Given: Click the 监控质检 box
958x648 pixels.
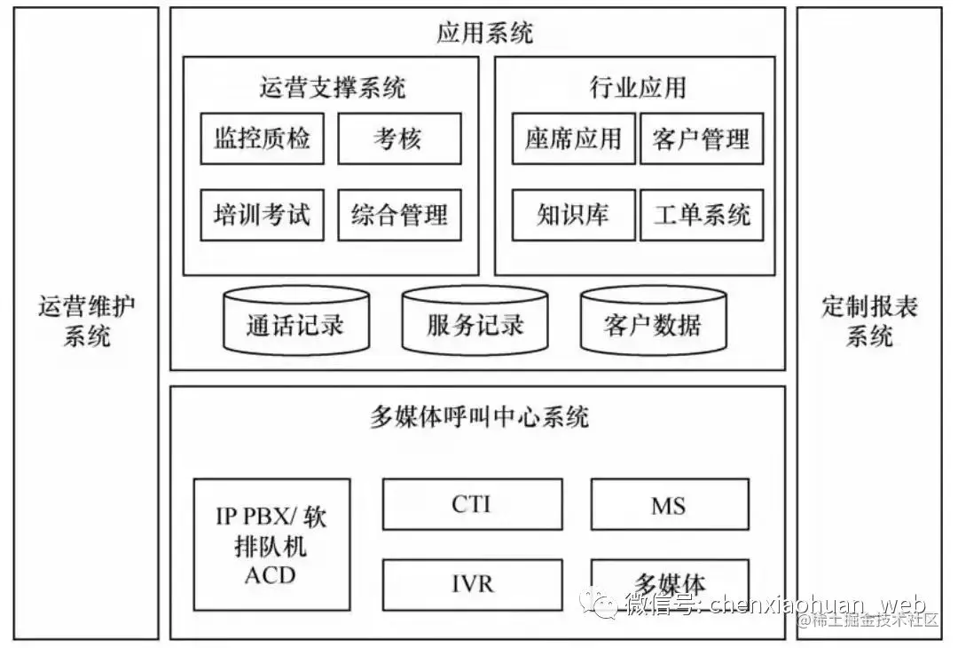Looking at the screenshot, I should (x=262, y=138).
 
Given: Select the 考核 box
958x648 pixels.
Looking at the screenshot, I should (x=399, y=138).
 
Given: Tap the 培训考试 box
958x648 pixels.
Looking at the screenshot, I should (x=262, y=215).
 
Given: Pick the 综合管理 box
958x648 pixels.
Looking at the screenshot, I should (x=399, y=215).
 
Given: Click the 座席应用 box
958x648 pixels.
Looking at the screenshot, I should (x=573, y=138).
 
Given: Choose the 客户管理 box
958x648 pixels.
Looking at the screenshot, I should (x=701, y=138).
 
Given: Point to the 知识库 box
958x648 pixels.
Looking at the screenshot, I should (x=573, y=215).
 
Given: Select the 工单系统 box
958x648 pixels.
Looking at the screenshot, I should (x=701, y=215).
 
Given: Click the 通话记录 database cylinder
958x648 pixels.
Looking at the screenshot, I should (x=295, y=321).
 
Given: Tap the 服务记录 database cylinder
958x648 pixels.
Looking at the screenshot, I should (x=475, y=321).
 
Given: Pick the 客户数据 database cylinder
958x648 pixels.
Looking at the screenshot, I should (x=653, y=321).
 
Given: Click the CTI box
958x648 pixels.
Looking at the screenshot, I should (x=472, y=504).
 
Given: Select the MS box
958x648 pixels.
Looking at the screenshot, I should (x=669, y=504).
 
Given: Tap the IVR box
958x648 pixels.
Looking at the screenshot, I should (x=472, y=584).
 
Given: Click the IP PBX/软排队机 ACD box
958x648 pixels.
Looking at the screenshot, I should (x=271, y=544).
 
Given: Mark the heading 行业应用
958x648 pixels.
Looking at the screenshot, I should (x=637, y=87).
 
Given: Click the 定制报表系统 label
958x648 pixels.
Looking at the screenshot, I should (x=869, y=321).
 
